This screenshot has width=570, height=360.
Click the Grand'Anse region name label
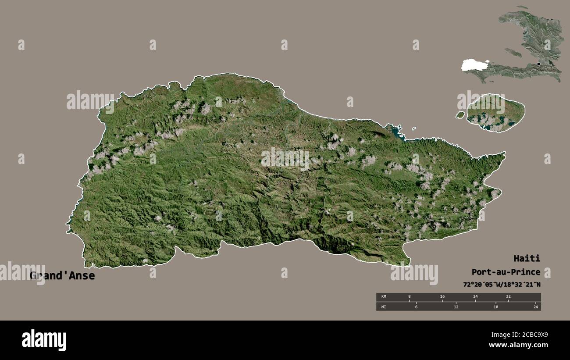tap(62, 276)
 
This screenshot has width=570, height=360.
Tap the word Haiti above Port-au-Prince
tap(527, 258)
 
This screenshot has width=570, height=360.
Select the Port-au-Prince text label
tap(506, 272)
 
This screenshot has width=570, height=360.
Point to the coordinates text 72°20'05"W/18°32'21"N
tap(502, 285)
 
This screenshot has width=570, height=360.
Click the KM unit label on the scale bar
tap(384, 297)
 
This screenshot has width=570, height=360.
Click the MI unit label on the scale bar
tap(384, 307)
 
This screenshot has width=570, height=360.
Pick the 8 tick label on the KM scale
tap(410, 297)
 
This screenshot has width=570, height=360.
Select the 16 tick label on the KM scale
tap(442, 297)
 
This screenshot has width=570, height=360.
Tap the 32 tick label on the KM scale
tap(508, 297)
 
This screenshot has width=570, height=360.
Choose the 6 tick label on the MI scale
tap(416, 307)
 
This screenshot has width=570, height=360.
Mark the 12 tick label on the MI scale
tap(456, 307)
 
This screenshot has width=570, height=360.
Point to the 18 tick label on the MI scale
tap(496, 307)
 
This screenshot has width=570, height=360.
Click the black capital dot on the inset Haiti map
tap(539, 64)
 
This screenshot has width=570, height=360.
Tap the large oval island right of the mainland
tap(495, 113)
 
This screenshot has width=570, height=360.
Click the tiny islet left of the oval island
tap(460, 115)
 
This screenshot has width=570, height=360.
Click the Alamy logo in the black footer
tap(44, 340)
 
